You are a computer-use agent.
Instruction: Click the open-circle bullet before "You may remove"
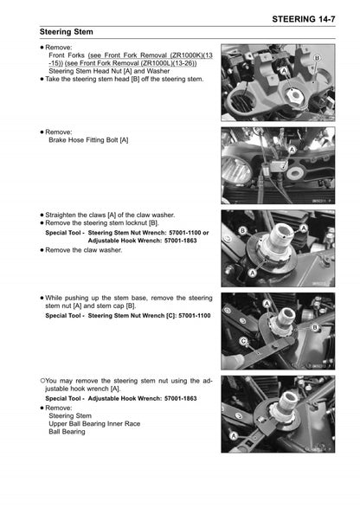pyautogui.click(x=42, y=380)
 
